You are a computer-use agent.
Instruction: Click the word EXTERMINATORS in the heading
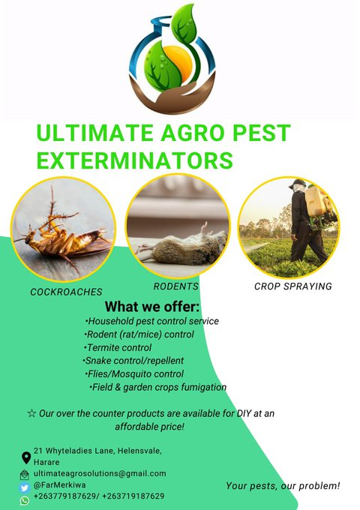pyautogui.click(x=134, y=160)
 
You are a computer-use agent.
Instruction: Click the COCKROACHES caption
pyautogui.click(x=66, y=291)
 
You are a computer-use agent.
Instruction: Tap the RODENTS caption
pyautogui.click(x=175, y=286)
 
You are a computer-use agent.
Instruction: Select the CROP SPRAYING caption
pyautogui.click(x=292, y=286)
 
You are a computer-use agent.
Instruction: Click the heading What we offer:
pyautogui.click(x=152, y=307)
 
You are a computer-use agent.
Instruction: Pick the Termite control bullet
pyautogui.click(x=118, y=347)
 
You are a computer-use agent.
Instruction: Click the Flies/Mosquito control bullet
pyautogui.click(x=134, y=373)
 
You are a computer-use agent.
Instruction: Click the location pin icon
pyautogui.click(x=26, y=457)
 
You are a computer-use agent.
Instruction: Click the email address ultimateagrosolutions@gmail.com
pyautogui.click(x=100, y=473)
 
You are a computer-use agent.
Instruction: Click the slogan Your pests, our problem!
pyautogui.click(x=283, y=486)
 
